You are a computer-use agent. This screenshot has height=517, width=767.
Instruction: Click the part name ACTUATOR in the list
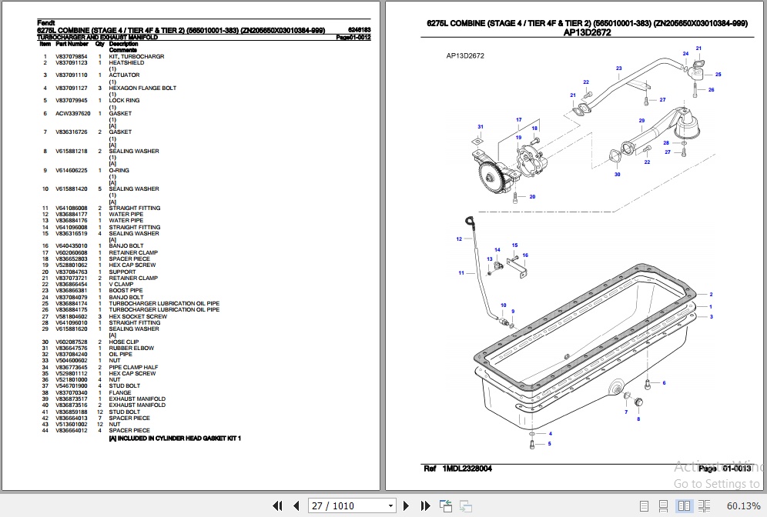click(x=124, y=75)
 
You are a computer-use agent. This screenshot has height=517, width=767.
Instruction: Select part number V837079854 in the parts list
click(x=71, y=57)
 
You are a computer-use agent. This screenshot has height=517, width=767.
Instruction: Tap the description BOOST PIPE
click(x=126, y=291)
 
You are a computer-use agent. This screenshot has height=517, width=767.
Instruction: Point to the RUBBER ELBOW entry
click(x=131, y=348)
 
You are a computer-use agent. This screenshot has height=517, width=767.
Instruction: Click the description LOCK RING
click(x=124, y=101)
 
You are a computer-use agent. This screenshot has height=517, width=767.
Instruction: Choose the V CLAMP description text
click(x=121, y=285)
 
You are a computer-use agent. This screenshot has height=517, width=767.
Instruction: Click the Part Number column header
click(x=72, y=44)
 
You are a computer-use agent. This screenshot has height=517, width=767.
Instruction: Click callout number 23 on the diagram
click(x=618, y=68)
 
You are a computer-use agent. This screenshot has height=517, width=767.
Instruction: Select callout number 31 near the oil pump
click(x=480, y=127)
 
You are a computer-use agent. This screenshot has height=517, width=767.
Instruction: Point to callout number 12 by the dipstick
click(x=459, y=239)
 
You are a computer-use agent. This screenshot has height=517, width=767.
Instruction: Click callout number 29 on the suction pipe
click(x=641, y=121)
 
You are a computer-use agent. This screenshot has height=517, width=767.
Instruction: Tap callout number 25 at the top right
click(x=718, y=75)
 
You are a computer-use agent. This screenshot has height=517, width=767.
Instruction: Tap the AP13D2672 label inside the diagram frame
click(x=465, y=56)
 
